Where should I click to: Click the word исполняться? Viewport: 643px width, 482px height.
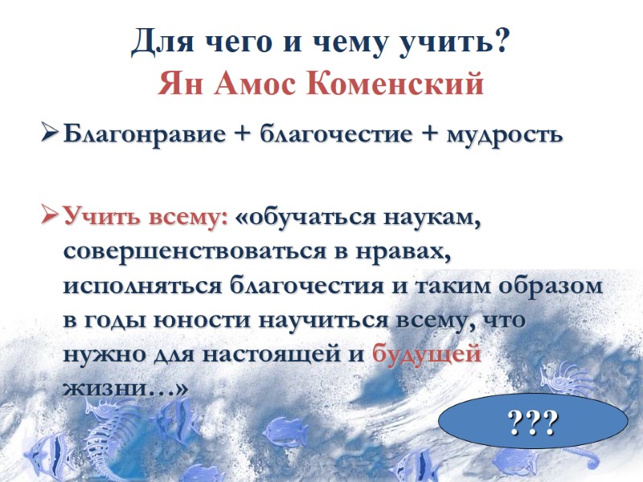click(143, 285)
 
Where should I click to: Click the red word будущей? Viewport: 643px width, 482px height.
click(427, 354)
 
